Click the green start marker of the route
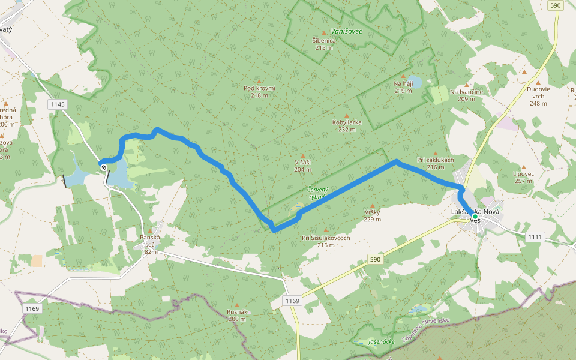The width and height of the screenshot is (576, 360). pyautogui.click(x=475, y=216)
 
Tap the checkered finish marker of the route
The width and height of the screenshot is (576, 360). pyautogui.click(x=103, y=167)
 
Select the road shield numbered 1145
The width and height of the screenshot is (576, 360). pyautogui.click(x=58, y=104)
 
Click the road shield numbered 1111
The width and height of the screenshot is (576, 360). pyautogui.click(x=535, y=237)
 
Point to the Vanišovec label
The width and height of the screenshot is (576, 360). pyautogui.click(x=346, y=31)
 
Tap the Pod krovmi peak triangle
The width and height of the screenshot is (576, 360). pyautogui.click(x=259, y=81)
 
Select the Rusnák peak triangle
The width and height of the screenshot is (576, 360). pyautogui.click(x=237, y=305)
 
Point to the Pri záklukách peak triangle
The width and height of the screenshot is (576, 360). pyautogui.click(x=435, y=153)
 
